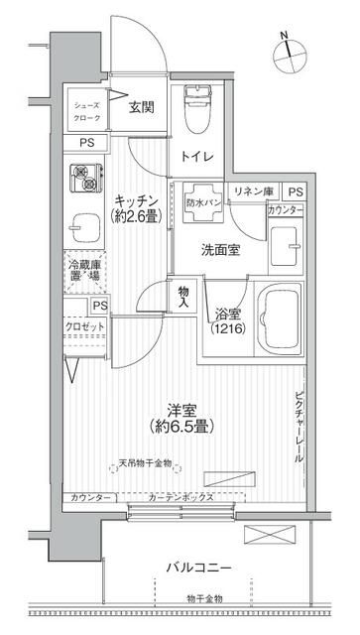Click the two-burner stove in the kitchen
[x=86, y=180]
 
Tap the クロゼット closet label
[x=86, y=326]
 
